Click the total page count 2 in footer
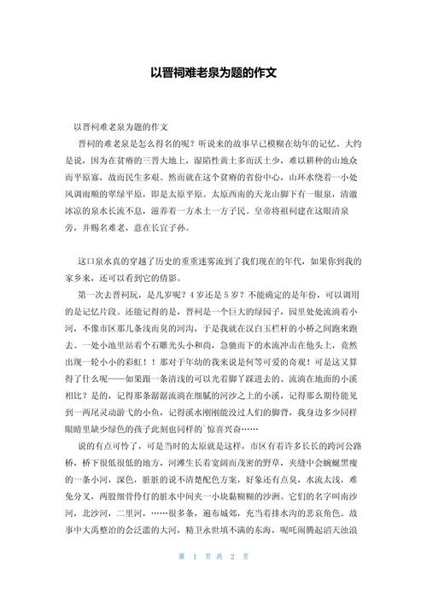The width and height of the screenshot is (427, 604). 231,578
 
